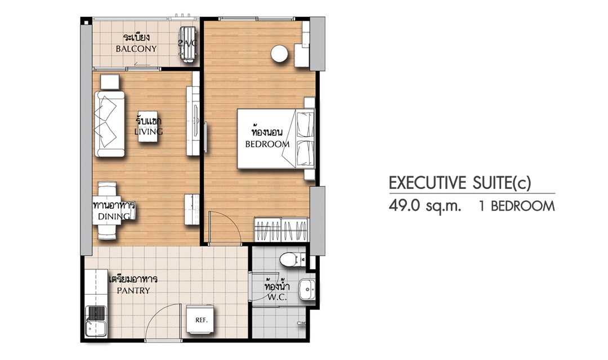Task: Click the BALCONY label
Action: (x=136, y=49)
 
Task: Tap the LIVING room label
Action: (x=149, y=132)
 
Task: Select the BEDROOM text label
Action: (x=267, y=144)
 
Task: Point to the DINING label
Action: (x=114, y=216)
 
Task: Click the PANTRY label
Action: (x=133, y=291)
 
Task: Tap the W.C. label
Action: (x=277, y=298)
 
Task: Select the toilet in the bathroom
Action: (x=292, y=259)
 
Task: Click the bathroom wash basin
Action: (x=307, y=289)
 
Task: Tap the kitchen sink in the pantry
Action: (x=96, y=321)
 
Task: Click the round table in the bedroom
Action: (x=279, y=53)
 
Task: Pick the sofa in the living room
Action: (x=109, y=124)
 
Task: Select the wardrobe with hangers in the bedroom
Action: (x=281, y=230)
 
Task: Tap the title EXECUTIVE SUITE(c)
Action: (x=460, y=183)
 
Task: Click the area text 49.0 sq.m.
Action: (x=425, y=206)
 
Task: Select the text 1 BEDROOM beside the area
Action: (x=517, y=206)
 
